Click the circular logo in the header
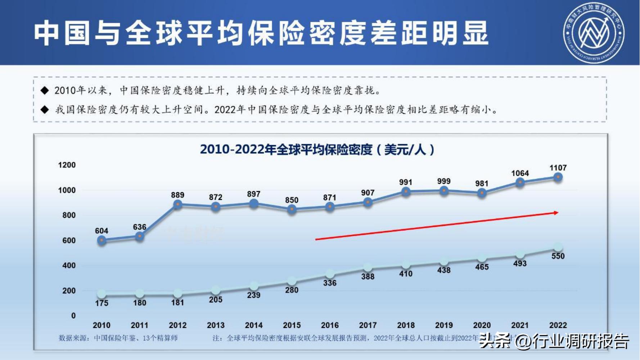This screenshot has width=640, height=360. (594, 33)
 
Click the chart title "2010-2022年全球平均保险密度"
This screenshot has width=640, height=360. (317, 149)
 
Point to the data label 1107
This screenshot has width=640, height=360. (558, 168)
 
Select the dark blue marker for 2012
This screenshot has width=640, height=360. (177, 204)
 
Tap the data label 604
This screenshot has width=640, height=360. (102, 231)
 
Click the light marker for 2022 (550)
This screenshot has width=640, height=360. (558, 247)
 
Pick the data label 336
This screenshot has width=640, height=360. (330, 283)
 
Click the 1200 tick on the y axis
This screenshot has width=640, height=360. (67, 165)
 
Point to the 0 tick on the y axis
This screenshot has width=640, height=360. (73, 315)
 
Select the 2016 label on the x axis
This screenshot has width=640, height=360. (330, 325)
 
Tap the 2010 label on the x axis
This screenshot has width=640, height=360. (102, 325)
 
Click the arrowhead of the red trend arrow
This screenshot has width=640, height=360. (556, 213)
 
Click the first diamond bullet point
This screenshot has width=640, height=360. (45, 90)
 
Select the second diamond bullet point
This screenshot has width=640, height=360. (45, 109)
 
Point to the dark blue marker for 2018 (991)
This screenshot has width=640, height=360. (406, 192)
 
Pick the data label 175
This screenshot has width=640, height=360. (102, 303)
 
